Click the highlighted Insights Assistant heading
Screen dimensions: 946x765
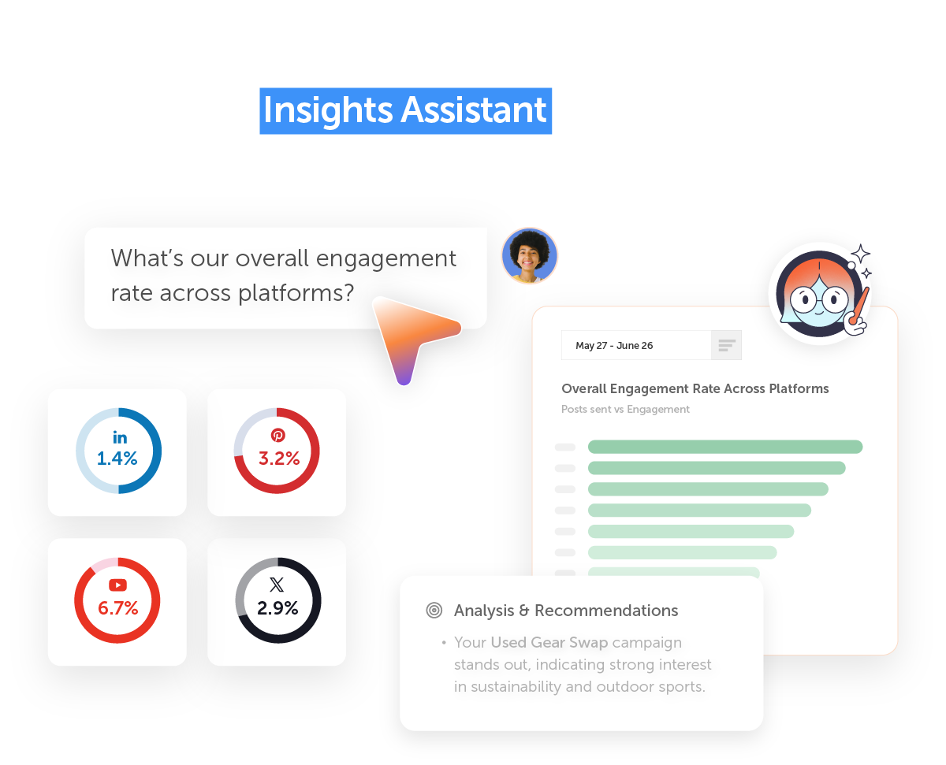point(405,111)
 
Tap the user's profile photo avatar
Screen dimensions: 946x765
point(529,255)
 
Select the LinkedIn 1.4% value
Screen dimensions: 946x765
point(117,459)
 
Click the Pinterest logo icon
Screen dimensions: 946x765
point(278,436)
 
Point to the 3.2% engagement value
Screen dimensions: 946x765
point(279,459)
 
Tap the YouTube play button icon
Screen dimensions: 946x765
point(117,585)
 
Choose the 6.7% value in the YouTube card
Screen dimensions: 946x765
point(117,608)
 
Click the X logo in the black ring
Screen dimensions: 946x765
point(277,585)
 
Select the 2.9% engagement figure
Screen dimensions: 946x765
point(277,608)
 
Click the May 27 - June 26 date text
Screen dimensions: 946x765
point(614,346)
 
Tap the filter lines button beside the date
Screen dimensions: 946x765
point(727,345)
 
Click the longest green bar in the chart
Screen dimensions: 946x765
point(725,447)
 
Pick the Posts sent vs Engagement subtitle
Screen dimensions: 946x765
point(625,409)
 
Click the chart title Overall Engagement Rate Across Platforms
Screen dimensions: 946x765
point(695,388)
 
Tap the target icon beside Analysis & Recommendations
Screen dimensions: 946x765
point(434,611)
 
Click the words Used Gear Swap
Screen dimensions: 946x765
point(549,643)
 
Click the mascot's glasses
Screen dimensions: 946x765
point(819,299)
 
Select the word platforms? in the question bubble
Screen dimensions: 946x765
point(296,294)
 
